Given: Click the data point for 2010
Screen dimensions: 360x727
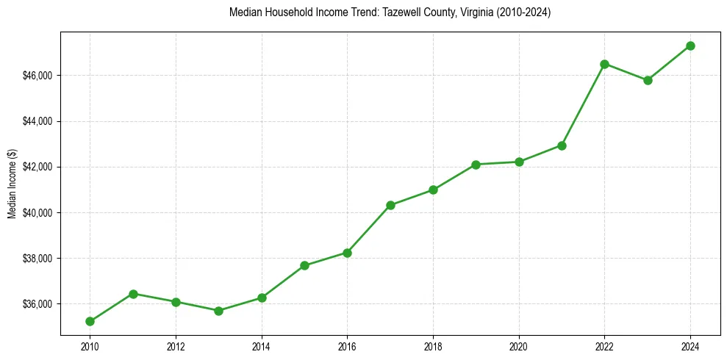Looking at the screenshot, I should point(90,321).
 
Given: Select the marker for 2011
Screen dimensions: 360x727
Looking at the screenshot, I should point(133,294).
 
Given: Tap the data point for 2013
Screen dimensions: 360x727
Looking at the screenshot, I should point(218,311).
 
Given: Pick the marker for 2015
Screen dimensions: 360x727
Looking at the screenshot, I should point(304,265).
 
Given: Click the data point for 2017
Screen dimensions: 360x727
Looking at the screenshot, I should point(390,205).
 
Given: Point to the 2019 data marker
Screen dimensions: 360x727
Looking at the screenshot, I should point(476,165).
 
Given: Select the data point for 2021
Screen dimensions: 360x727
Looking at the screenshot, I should point(562,145).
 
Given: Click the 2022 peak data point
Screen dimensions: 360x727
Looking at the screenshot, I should point(605,64).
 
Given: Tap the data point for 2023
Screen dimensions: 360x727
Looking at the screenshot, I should point(648,80).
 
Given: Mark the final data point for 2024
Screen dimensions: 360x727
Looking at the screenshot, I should point(691,46).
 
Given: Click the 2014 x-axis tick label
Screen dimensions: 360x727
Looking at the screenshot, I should point(262,347).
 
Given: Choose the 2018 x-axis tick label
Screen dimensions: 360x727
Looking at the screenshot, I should point(433,347).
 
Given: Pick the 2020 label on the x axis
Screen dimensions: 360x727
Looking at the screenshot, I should point(519,347).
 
